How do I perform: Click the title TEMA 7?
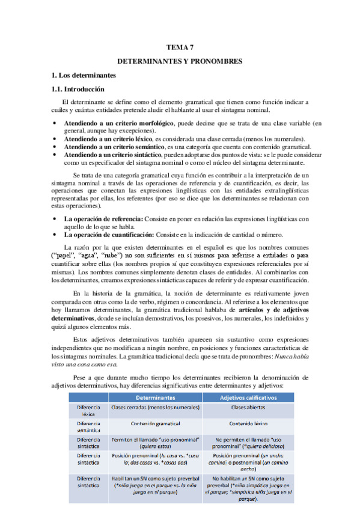(x=179, y=48)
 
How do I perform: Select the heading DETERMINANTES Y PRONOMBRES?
(x=179, y=61)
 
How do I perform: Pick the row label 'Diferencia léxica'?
(x=88, y=411)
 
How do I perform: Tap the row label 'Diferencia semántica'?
(x=88, y=428)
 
